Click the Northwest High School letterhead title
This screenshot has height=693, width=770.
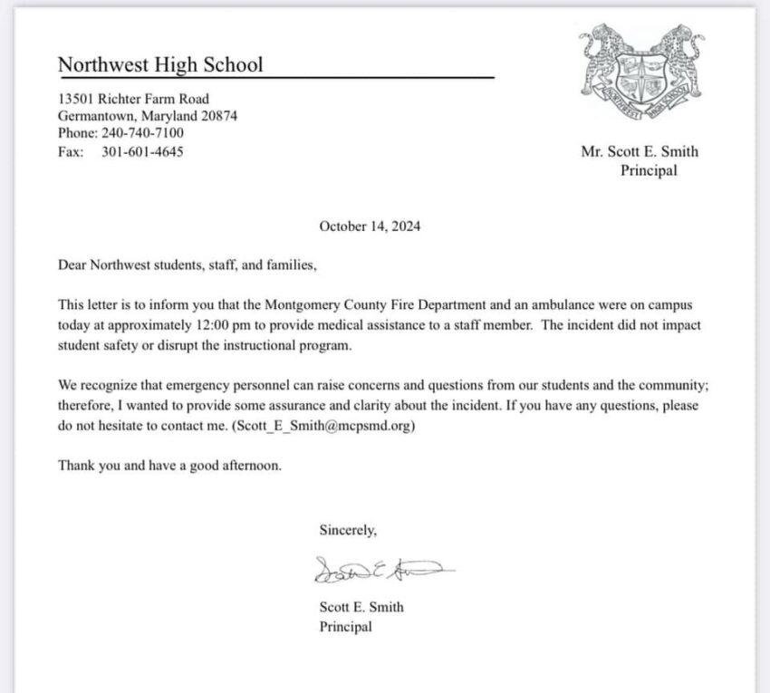[x=160, y=64]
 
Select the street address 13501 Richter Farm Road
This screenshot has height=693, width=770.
[x=133, y=99]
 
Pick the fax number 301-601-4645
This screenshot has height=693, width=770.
[x=142, y=151]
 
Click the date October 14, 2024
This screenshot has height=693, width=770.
[x=369, y=226]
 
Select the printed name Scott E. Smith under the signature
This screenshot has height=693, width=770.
[x=361, y=607]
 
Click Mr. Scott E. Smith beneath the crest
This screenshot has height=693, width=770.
[x=640, y=151]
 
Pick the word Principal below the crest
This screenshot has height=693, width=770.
[x=648, y=169]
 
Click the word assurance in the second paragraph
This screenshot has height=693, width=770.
[x=287, y=407]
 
